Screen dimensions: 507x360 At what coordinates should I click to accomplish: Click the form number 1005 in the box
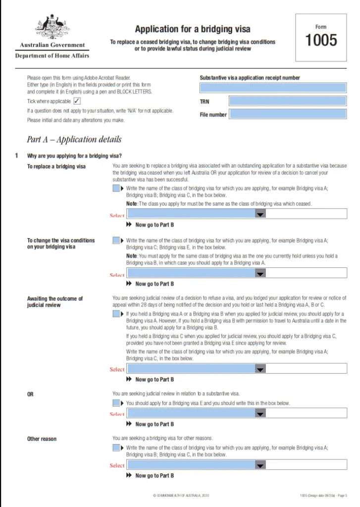321,40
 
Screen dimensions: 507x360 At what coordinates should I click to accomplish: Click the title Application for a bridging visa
193,29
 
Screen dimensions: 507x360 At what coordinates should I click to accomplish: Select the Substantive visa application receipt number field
273,88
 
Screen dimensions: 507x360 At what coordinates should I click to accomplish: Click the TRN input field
288,101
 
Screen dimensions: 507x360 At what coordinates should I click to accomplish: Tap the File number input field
288,114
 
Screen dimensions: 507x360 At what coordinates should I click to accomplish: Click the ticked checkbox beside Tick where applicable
77,101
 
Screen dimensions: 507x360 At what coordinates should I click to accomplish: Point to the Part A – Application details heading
74,139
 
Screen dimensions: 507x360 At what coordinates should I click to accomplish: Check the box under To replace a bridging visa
116,189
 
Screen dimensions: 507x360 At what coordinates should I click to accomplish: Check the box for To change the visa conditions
116,241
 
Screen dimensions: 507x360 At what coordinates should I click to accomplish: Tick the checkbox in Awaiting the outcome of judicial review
116,314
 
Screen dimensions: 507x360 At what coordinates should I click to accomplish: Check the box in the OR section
116,403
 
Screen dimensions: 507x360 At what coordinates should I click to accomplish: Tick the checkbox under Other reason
116,448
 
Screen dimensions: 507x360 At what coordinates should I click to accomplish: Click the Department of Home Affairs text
52,56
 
